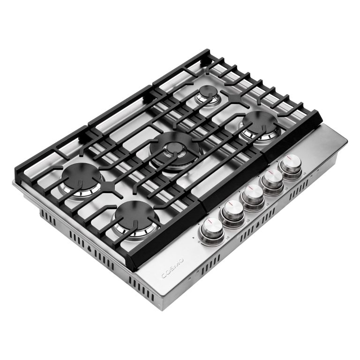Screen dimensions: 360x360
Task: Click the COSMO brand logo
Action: coord(172,270)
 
